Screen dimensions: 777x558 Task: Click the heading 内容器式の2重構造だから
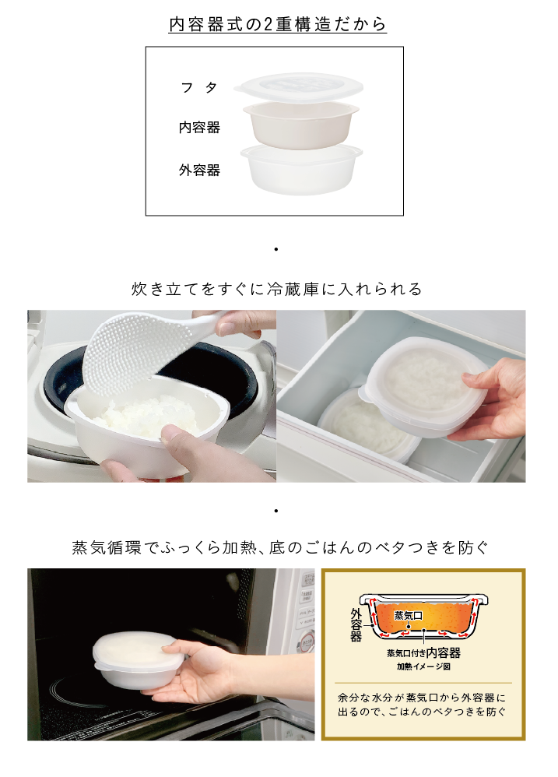278,24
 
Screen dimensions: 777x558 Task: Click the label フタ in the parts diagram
199,88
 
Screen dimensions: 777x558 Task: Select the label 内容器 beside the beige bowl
199,128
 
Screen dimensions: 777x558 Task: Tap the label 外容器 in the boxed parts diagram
199,170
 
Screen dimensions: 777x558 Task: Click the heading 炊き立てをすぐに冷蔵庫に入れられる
278,289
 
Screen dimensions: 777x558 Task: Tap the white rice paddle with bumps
136,354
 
